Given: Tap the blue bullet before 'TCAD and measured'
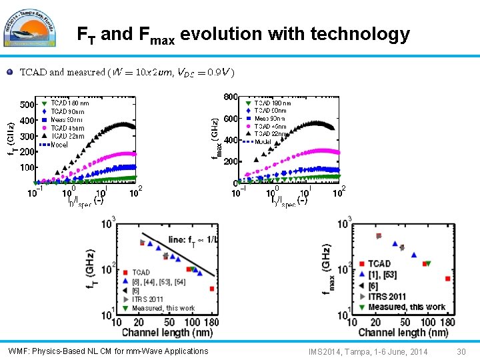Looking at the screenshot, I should pyautogui.click(x=9, y=72).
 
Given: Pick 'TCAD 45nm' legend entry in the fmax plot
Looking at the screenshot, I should pyautogui.click(x=270, y=126).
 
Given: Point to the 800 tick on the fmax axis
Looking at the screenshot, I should pyautogui.click(x=230, y=97).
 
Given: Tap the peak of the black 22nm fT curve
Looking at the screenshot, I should pyautogui.click(x=122, y=124).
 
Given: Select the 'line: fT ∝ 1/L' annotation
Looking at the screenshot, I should pyautogui.click(x=193, y=239).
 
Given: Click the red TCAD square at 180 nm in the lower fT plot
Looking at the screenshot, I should pyautogui.click(x=211, y=289).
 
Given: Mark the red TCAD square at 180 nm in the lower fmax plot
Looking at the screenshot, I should pyautogui.click(x=447, y=279).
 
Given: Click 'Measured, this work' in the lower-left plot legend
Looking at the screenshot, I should pyautogui.click(x=163, y=308).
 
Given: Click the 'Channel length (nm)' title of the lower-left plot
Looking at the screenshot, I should pyautogui.click(x=168, y=333).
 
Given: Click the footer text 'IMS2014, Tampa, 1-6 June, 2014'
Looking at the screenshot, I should pyautogui.click(x=368, y=351).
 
